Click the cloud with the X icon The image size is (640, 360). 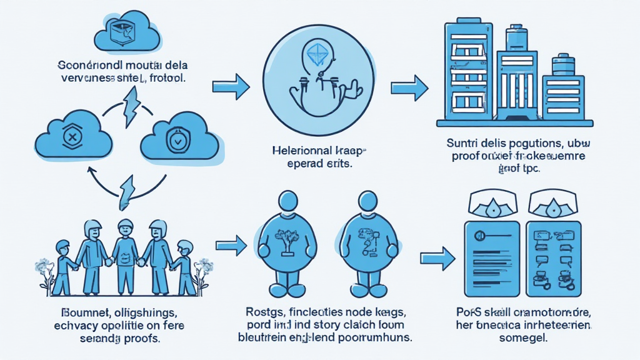point(73,137)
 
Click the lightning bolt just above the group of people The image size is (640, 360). point(129,190)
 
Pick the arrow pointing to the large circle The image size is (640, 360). point(231,87)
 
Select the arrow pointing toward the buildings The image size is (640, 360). point(409,86)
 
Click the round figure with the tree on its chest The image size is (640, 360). point(286,241)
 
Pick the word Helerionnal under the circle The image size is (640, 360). point(296,151)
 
